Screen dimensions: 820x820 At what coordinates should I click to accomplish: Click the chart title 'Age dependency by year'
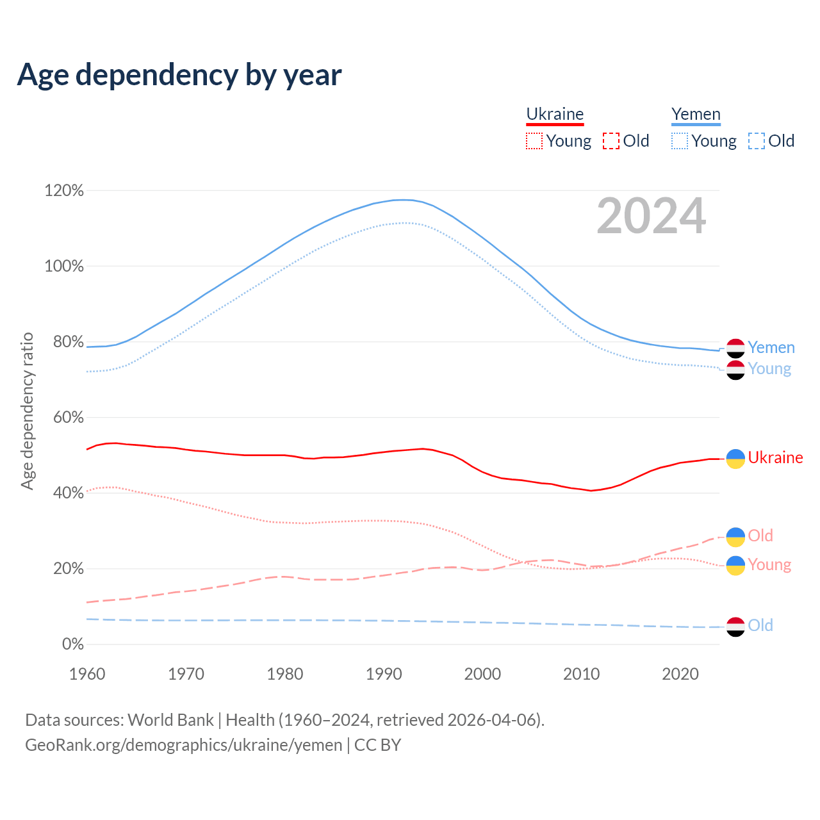point(179,75)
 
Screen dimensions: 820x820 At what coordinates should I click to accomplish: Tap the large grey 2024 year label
point(651,217)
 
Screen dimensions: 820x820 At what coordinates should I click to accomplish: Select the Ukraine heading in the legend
point(555,114)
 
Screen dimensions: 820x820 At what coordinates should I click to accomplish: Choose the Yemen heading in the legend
point(696,114)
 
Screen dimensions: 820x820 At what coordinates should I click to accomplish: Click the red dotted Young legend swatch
point(534,141)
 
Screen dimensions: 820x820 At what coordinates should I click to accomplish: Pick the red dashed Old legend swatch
point(611,141)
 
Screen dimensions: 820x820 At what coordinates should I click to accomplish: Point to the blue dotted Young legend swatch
point(680,141)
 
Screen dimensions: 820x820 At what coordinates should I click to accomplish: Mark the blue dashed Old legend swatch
point(757,141)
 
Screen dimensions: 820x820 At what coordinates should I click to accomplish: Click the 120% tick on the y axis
point(64,190)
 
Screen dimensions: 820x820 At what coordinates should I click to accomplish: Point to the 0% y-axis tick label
point(72,644)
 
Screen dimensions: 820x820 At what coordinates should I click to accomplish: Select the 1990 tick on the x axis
point(384,674)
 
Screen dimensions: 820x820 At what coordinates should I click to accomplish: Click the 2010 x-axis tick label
point(582,674)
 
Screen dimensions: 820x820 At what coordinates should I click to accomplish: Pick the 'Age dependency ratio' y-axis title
point(27,411)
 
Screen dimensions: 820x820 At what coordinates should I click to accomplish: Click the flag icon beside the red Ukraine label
point(735,459)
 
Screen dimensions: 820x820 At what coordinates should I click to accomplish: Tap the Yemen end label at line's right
point(771,348)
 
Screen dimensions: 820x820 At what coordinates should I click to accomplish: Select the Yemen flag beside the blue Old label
point(735,627)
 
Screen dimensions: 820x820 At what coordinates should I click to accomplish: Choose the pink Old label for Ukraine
point(760,536)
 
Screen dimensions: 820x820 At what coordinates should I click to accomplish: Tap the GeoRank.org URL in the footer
point(184,745)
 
